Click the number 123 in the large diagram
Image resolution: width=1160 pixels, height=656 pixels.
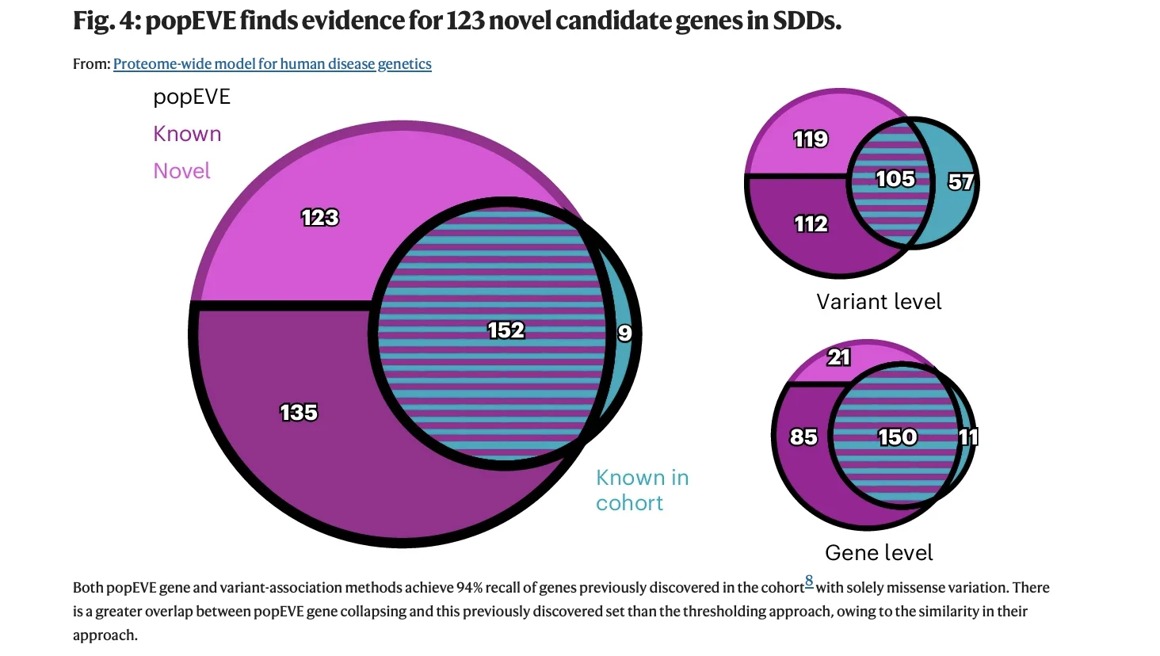point(320,217)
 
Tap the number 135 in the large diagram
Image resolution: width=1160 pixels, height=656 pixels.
point(299,412)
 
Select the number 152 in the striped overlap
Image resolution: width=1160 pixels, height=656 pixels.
point(506,330)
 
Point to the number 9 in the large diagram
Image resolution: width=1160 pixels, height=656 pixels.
point(625,333)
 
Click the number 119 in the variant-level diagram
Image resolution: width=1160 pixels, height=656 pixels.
point(811,139)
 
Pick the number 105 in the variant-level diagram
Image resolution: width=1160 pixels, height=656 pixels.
point(895,179)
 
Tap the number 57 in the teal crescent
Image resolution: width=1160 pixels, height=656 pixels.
point(960,182)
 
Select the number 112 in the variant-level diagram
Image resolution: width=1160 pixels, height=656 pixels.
point(811,224)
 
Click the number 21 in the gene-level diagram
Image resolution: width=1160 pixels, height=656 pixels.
point(839,357)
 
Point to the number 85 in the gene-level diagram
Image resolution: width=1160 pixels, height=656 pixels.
point(803,437)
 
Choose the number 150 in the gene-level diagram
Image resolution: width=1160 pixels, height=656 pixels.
point(897,437)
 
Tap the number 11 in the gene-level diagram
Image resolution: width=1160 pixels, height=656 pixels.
point(968,437)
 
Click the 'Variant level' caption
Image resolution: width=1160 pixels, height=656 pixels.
point(879,302)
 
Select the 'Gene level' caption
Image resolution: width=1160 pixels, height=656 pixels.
point(879,553)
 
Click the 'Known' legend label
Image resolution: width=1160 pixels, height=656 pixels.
point(187,134)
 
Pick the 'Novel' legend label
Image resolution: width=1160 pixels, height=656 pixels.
point(181,171)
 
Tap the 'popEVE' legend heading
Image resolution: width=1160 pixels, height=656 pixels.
point(192,97)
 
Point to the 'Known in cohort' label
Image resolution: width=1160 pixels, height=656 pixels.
point(642,490)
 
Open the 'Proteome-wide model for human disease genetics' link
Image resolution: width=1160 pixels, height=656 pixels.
point(272,64)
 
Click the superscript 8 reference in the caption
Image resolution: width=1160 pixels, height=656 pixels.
point(809,581)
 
